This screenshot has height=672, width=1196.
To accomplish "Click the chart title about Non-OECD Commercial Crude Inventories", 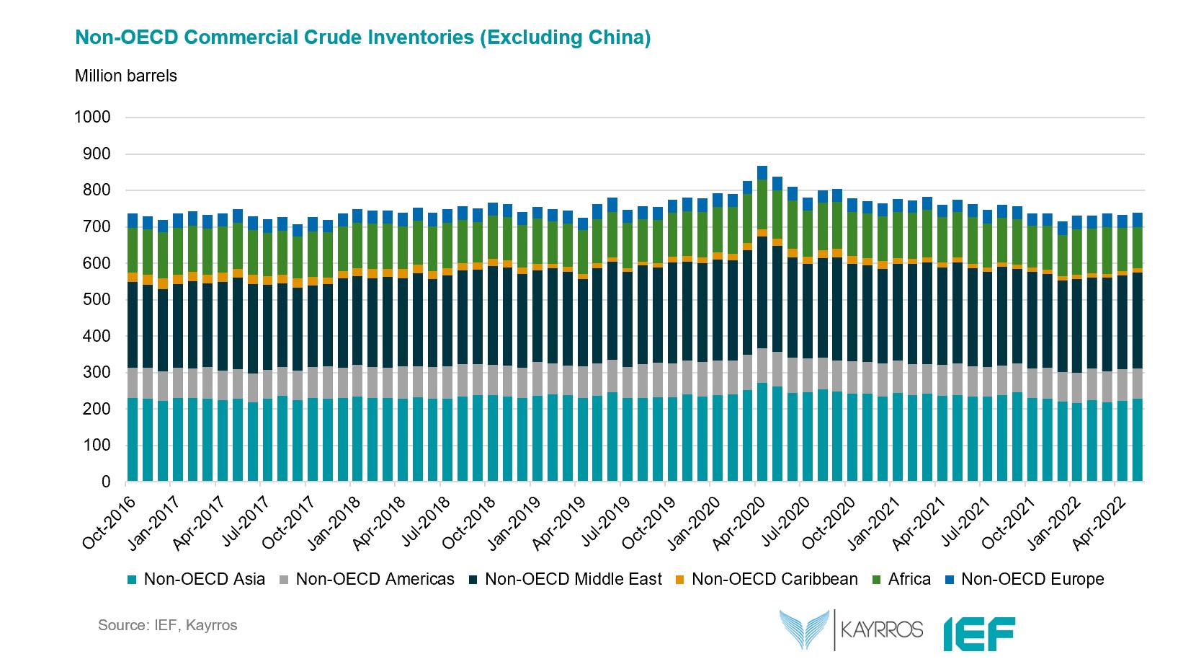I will tap(362, 37).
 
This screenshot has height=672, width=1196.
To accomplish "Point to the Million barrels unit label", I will tap(126, 76).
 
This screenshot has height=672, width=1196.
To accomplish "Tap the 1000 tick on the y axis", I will tap(92, 117).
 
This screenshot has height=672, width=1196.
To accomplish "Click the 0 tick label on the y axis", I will tap(106, 482).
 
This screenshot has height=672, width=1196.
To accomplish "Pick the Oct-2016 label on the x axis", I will tap(110, 523).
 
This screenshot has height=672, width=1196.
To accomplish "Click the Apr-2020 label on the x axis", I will tap(740, 523).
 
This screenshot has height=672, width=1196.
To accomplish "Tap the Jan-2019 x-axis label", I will tap(515, 523).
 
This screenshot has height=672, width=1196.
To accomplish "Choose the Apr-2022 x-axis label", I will tap(1100, 523).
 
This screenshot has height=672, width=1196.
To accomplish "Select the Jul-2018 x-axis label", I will tap(425, 523).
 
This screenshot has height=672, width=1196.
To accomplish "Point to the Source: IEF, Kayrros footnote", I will tap(167, 625).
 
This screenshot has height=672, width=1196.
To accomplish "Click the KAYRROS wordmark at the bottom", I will tap(881, 630).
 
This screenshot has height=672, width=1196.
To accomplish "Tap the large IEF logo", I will tap(979, 633).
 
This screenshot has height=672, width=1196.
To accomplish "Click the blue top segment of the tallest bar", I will tap(762, 172).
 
